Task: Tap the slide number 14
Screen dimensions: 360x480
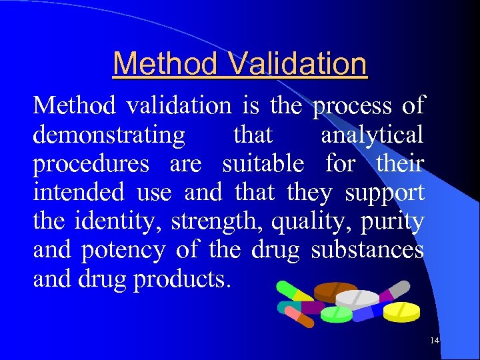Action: [x=435, y=341]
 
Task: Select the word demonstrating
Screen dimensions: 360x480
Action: [x=109, y=135]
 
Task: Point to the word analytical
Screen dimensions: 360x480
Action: [x=372, y=135]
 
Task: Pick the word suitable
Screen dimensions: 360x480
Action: [x=263, y=164]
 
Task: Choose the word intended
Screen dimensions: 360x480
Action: [x=79, y=193]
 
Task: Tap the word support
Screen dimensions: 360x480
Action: [x=384, y=193]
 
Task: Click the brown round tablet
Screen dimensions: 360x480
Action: [x=335, y=291]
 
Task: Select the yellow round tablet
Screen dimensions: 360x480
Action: [x=402, y=311]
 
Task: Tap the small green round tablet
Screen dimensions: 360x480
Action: [x=336, y=314]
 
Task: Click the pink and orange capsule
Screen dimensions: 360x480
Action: [x=299, y=317]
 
